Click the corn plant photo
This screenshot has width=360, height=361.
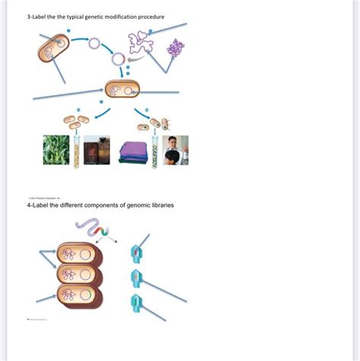[x=56, y=150]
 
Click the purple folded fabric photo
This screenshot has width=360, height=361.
[x=133, y=150]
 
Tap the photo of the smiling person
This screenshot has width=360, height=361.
[x=175, y=150]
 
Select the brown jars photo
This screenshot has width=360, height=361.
[x=96, y=150]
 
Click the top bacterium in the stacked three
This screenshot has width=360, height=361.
[x=80, y=253]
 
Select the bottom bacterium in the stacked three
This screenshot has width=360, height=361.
[x=80, y=295]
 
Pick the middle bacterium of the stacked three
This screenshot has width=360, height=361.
[x=80, y=274]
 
